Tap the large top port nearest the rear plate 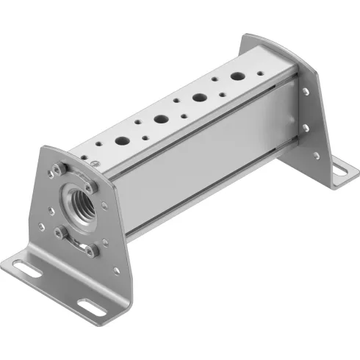237,76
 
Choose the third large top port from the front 199,96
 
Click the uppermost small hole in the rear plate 306,92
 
